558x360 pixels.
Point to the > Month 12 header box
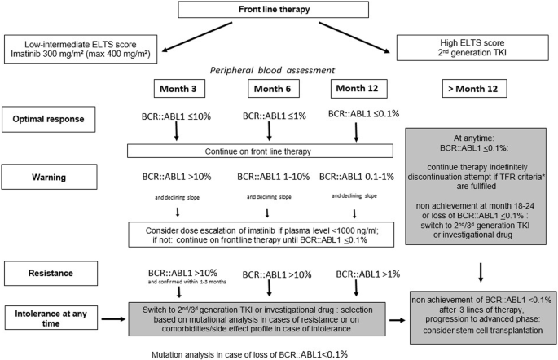(476, 87)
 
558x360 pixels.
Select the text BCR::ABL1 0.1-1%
(354, 178)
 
